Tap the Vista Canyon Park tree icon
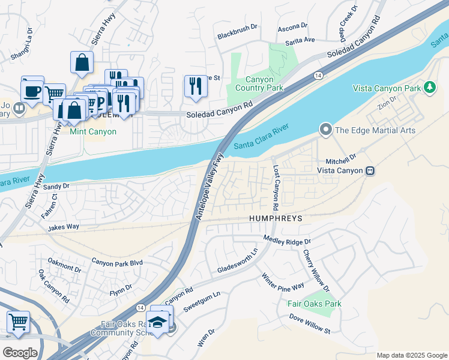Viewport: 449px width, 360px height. click(x=429, y=88)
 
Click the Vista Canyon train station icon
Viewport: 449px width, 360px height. click(x=370, y=170)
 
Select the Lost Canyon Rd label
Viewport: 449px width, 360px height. click(x=276, y=187)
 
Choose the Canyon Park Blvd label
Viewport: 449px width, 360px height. click(x=117, y=262)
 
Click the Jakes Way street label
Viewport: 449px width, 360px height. click(x=64, y=227)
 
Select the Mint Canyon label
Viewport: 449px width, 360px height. click(x=93, y=131)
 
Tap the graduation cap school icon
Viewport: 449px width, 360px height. click(x=158, y=322)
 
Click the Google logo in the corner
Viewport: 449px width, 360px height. click(x=20, y=353)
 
